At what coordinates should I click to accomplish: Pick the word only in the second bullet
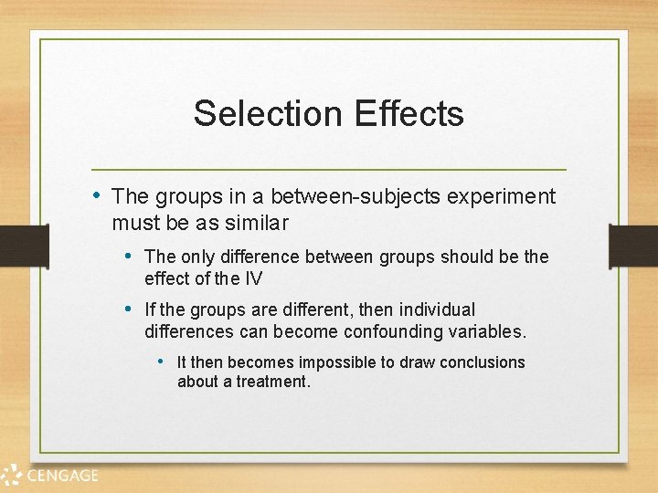pyautogui.click(x=200, y=257)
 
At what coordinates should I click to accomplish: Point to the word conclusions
pyautogui.click(x=482, y=362)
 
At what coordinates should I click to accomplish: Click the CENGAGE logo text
pyautogui.click(x=63, y=475)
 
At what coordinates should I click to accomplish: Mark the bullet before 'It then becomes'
pyautogui.click(x=162, y=362)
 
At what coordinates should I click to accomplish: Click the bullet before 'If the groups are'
pyautogui.click(x=130, y=309)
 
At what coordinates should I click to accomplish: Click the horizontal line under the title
pyautogui.click(x=329, y=170)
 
